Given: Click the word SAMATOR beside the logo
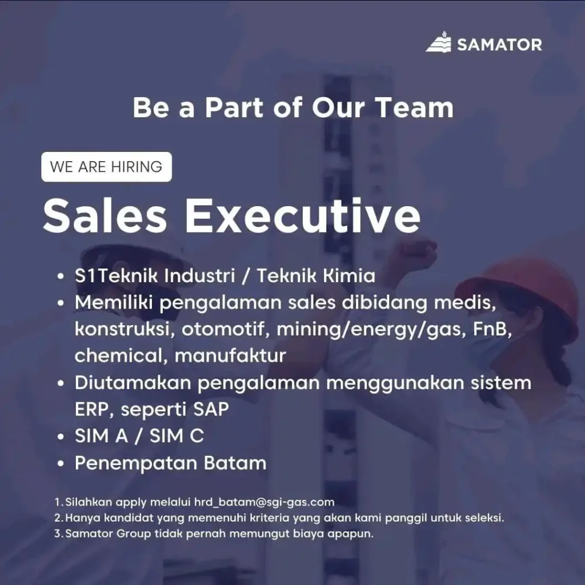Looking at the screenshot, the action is click(499, 45).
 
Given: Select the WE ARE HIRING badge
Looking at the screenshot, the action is click(106, 167).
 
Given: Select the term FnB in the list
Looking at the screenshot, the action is click(492, 329).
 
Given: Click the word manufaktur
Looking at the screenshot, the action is click(230, 355).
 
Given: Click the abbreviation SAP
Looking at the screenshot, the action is click(211, 409).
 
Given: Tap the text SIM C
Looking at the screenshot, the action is click(177, 436).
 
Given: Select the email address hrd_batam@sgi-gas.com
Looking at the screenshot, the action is click(264, 502).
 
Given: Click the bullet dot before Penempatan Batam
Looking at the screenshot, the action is click(61, 464).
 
